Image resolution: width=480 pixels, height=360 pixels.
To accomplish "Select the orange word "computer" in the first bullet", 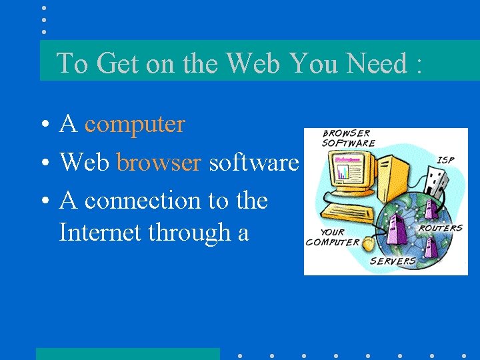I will (x=134, y=124).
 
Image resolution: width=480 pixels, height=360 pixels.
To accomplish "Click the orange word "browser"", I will (x=159, y=162).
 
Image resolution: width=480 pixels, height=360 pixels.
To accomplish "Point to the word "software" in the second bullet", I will (x=253, y=162).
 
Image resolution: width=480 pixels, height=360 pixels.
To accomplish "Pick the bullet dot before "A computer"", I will (x=42, y=125).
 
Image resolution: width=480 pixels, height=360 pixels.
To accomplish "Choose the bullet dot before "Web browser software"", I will (x=42, y=163).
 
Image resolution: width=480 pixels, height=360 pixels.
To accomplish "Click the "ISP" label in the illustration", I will (x=445, y=160).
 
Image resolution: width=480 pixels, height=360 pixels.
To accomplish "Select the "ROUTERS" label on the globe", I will (x=440, y=228).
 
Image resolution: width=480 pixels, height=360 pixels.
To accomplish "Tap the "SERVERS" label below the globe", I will (x=393, y=261).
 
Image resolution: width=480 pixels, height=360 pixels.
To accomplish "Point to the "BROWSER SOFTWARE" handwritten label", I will (x=348, y=138).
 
